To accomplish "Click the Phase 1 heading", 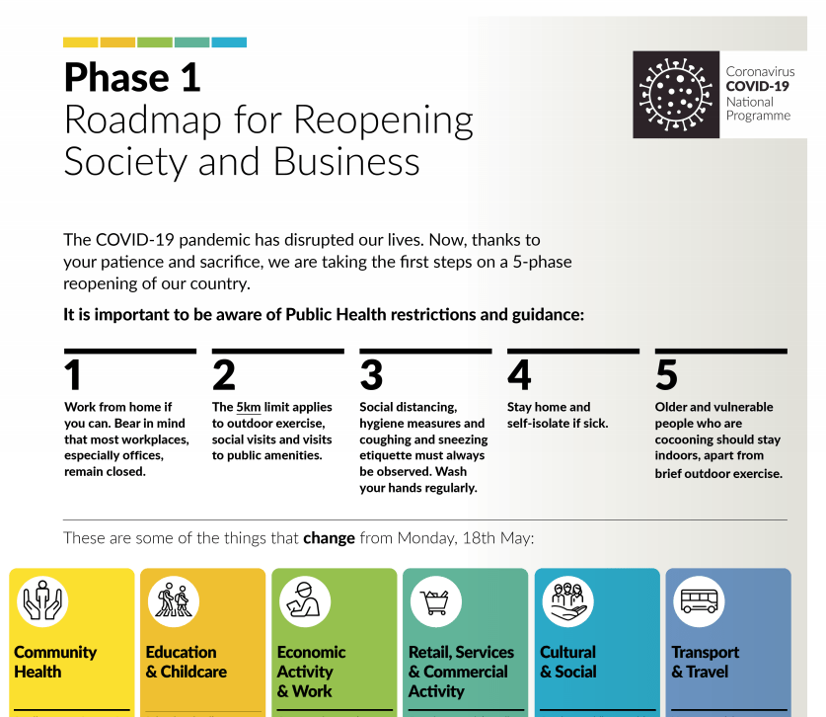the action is [132, 76].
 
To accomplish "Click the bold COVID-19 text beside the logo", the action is [758, 86].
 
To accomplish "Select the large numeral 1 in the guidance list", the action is [73, 376].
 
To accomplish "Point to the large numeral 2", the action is [224, 376].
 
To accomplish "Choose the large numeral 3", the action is [371, 376].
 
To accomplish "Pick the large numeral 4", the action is [519, 376].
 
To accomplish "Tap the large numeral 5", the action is [667, 376].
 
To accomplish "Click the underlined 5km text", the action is [249, 407].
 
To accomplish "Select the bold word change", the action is [329, 539].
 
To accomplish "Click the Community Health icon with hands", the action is [40, 600].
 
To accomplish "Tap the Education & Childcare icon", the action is [173, 600].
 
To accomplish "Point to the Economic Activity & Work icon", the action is [304, 600].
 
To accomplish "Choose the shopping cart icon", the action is [435, 600].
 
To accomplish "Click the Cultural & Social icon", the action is [567, 600].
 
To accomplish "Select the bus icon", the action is [699, 600].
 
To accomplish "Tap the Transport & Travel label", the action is [705, 662].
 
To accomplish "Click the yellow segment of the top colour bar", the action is [80, 42].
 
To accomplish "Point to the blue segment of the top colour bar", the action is [229, 42].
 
